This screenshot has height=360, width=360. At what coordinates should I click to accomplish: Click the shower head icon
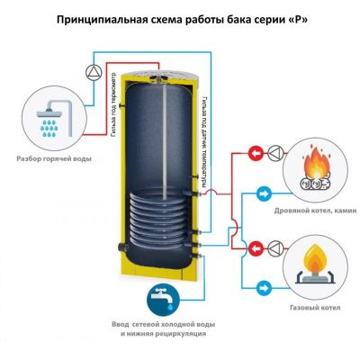[55, 119]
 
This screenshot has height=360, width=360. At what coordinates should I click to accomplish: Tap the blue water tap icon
[163, 299]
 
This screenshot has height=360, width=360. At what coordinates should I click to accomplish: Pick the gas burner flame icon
[314, 264]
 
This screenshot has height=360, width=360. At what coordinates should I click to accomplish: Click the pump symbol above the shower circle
[94, 72]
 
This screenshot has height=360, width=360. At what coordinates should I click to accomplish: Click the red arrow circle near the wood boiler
[256, 154]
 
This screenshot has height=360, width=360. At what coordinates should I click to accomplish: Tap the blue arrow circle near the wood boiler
[265, 194]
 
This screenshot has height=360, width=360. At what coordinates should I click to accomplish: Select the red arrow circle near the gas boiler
[256, 248]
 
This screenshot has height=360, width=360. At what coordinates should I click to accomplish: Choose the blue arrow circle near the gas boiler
[265, 289]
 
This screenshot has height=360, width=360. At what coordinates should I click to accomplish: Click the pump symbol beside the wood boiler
[275, 154]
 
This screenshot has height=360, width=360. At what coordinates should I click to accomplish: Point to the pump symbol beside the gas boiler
[275, 248]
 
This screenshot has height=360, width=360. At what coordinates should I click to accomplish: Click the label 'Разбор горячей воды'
[54, 158]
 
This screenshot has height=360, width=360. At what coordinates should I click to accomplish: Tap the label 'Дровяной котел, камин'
[316, 211]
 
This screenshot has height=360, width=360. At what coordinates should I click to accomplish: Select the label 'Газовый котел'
[315, 308]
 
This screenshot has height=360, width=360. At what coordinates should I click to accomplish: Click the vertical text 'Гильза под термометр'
[112, 105]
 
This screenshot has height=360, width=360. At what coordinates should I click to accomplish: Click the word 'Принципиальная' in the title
[102, 20]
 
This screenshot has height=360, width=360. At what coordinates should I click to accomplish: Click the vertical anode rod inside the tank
[165, 139]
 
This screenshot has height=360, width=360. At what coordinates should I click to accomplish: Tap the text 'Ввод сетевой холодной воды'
[164, 325]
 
